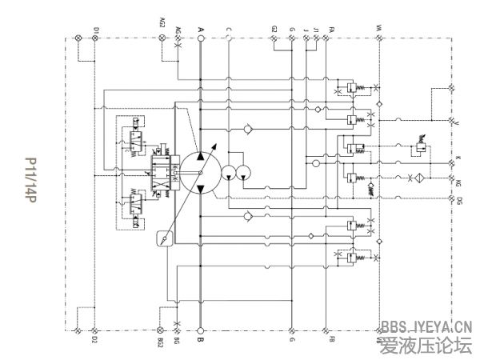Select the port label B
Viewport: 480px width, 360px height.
201,340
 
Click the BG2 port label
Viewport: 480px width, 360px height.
162,342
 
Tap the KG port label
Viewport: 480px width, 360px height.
459,184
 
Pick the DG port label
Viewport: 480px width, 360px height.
459,200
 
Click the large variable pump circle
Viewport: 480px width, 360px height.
200,170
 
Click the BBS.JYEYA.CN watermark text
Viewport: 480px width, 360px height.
427,326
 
